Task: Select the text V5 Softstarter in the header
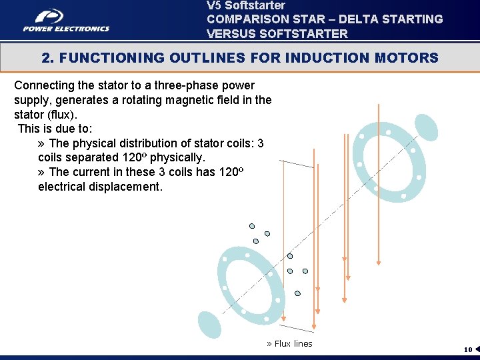coord(245,5)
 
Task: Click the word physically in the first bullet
coord(177,157)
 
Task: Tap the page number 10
coord(468,349)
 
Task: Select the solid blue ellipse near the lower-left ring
coord(209,324)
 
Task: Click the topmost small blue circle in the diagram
coord(252,225)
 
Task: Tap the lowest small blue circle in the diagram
coord(297,293)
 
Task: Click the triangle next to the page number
coord(477,349)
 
